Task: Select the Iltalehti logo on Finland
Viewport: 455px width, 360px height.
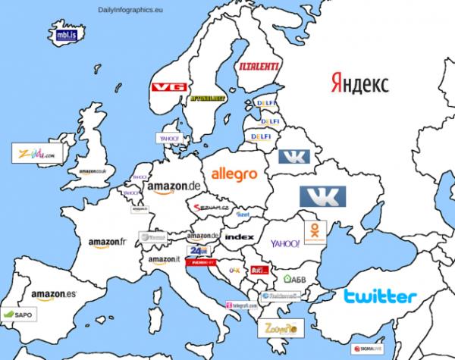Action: click(259, 68)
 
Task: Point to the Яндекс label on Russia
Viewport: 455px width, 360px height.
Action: click(359, 83)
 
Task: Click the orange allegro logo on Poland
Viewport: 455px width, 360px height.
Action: click(234, 174)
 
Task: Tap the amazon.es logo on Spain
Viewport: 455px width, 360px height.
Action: click(54, 294)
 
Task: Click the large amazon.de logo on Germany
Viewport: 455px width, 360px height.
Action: click(174, 187)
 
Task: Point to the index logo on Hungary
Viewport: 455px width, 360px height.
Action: click(239, 237)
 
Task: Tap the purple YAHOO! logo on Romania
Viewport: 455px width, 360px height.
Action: click(285, 244)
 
